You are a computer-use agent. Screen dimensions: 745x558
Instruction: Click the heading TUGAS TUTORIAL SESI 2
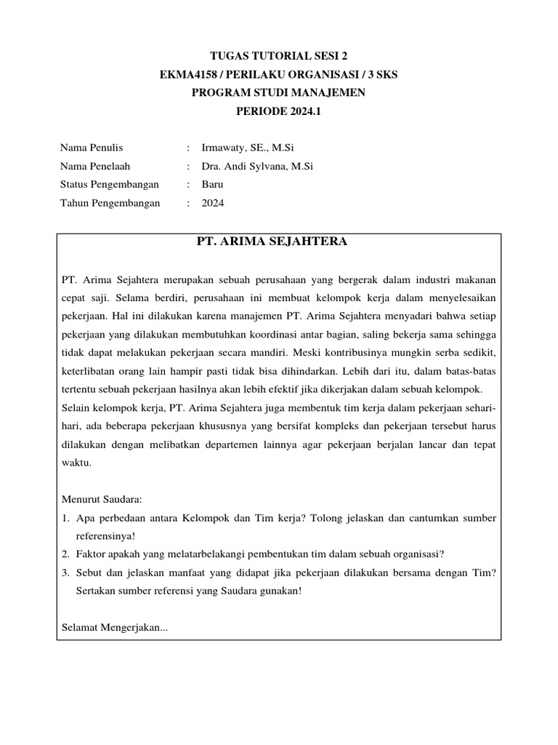[x=279, y=55]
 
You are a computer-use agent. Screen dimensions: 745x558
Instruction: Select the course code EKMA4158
[x=191, y=74]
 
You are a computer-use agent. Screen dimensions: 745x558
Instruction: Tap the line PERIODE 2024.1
[x=278, y=111]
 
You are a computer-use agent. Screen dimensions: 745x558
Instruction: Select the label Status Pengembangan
[x=109, y=185]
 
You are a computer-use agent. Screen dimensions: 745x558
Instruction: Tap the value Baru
[x=213, y=185]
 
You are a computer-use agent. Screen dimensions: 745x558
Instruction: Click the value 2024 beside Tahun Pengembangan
[x=213, y=204]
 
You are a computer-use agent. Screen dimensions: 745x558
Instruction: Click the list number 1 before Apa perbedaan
[x=64, y=518]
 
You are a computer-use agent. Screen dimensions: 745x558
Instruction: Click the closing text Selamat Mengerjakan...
[x=115, y=627]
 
